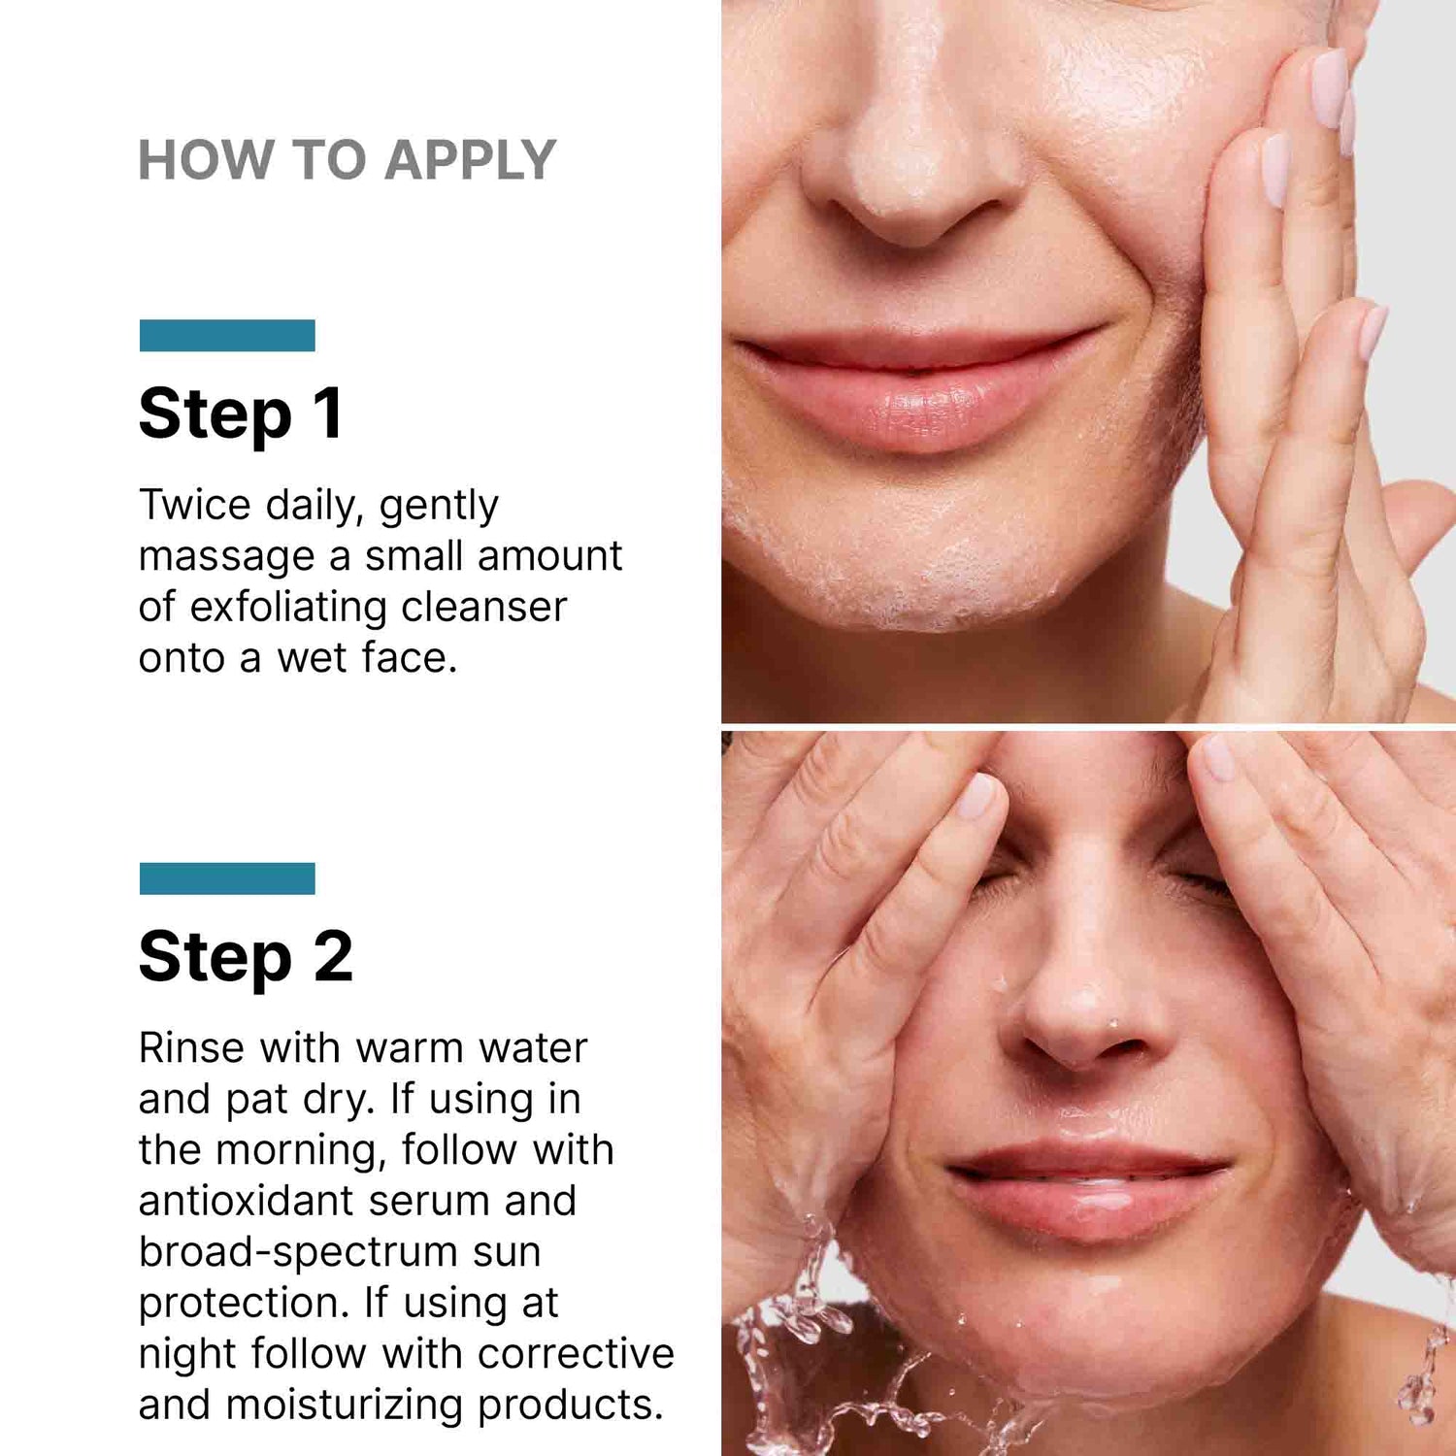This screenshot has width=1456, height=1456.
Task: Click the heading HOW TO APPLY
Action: [x=347, y=160]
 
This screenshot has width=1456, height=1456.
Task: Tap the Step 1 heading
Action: [x=240, y=414]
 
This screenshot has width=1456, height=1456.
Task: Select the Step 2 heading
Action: [x=245, y=958]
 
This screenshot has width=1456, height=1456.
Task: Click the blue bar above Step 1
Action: [x=227, y=335]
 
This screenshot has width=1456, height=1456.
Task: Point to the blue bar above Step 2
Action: [x=227, y=878]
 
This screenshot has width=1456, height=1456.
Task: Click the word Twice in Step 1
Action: [x=194, y=505]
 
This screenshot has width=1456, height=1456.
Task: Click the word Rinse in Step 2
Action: [x=190, y=1048]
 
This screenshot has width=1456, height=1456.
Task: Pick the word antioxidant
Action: [x=246, y=1202]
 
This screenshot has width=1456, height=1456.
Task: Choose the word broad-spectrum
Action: [x=297, y=1252]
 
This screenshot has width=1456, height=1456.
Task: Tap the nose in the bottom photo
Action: [x=1082, y=1009]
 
